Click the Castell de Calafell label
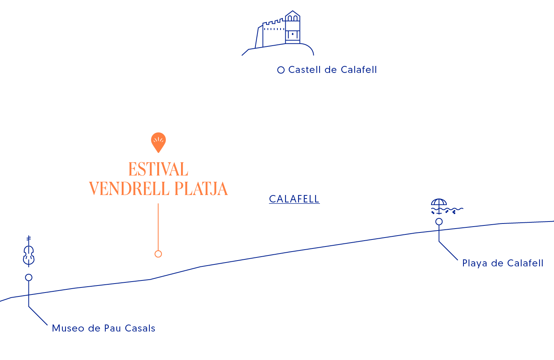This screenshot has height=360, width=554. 332,70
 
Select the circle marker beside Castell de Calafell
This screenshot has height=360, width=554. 281,70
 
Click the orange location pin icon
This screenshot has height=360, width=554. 158,142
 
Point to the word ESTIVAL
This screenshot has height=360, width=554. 158,170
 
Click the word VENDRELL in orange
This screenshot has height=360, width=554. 129,189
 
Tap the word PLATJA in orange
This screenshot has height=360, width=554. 201,189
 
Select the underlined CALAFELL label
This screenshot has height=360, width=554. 294,199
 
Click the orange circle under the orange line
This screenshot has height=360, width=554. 158,254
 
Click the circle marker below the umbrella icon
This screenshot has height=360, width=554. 439,222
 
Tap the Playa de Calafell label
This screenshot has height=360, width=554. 502,263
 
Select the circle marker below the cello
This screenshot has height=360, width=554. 28,277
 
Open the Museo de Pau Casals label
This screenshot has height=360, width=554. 103,328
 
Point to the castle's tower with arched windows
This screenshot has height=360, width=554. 292,27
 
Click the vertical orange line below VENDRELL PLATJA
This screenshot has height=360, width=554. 158,226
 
